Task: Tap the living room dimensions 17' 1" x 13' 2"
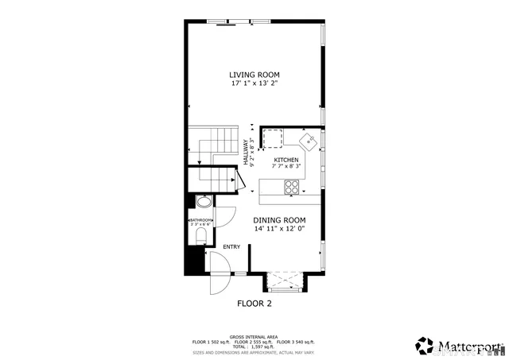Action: tap(254, 83)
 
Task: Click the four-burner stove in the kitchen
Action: tap(292, 188)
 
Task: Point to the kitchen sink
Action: tap(307, 141)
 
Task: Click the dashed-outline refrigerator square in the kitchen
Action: tap(275, 139)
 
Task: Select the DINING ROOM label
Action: tap(279, 220)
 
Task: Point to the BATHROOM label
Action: tap(200, 220)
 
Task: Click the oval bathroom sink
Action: tap(202, 202)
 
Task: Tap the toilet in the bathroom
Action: tap(200, 238)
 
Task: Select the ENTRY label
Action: tap(231, 247)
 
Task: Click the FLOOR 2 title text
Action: tap(254, 304)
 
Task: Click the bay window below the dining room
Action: tap(286, 281)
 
